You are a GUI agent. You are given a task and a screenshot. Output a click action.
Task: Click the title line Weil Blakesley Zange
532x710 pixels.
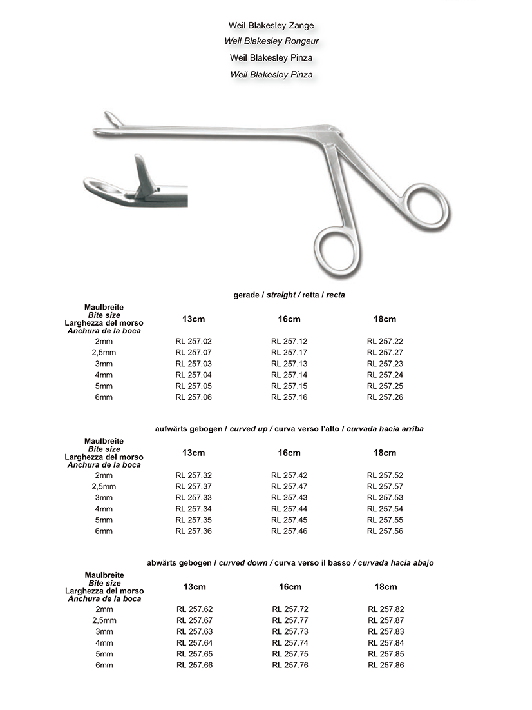pos(271,26)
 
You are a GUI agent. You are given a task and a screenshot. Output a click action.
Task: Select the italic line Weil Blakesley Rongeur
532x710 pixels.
pos(271,41)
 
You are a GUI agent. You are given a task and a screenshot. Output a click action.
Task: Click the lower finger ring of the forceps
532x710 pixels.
pos(334,248)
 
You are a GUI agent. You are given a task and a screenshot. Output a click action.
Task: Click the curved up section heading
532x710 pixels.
pos(289,429)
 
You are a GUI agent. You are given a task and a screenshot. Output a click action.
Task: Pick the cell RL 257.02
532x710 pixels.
pos(194,341)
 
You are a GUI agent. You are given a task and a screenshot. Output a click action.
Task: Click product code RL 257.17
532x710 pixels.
pos(289,353)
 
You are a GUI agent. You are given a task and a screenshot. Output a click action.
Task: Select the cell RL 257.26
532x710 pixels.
pos(385,397)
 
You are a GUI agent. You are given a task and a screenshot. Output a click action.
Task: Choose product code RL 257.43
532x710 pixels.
pos(289,498)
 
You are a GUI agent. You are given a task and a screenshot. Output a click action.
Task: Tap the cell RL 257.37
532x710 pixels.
pos(194,486)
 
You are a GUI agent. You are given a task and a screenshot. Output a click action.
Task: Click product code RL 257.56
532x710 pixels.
pos(385,531)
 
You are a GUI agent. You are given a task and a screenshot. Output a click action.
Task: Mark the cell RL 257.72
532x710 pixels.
pos(290,609)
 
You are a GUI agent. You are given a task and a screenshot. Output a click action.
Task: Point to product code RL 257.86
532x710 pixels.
pos(386,665)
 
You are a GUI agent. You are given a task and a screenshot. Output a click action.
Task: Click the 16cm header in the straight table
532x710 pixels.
pos(289,319)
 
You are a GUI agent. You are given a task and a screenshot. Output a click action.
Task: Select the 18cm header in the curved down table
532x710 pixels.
pos(386,587)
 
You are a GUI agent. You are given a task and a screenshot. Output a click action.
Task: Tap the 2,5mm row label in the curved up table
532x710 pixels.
pos(104,486)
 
